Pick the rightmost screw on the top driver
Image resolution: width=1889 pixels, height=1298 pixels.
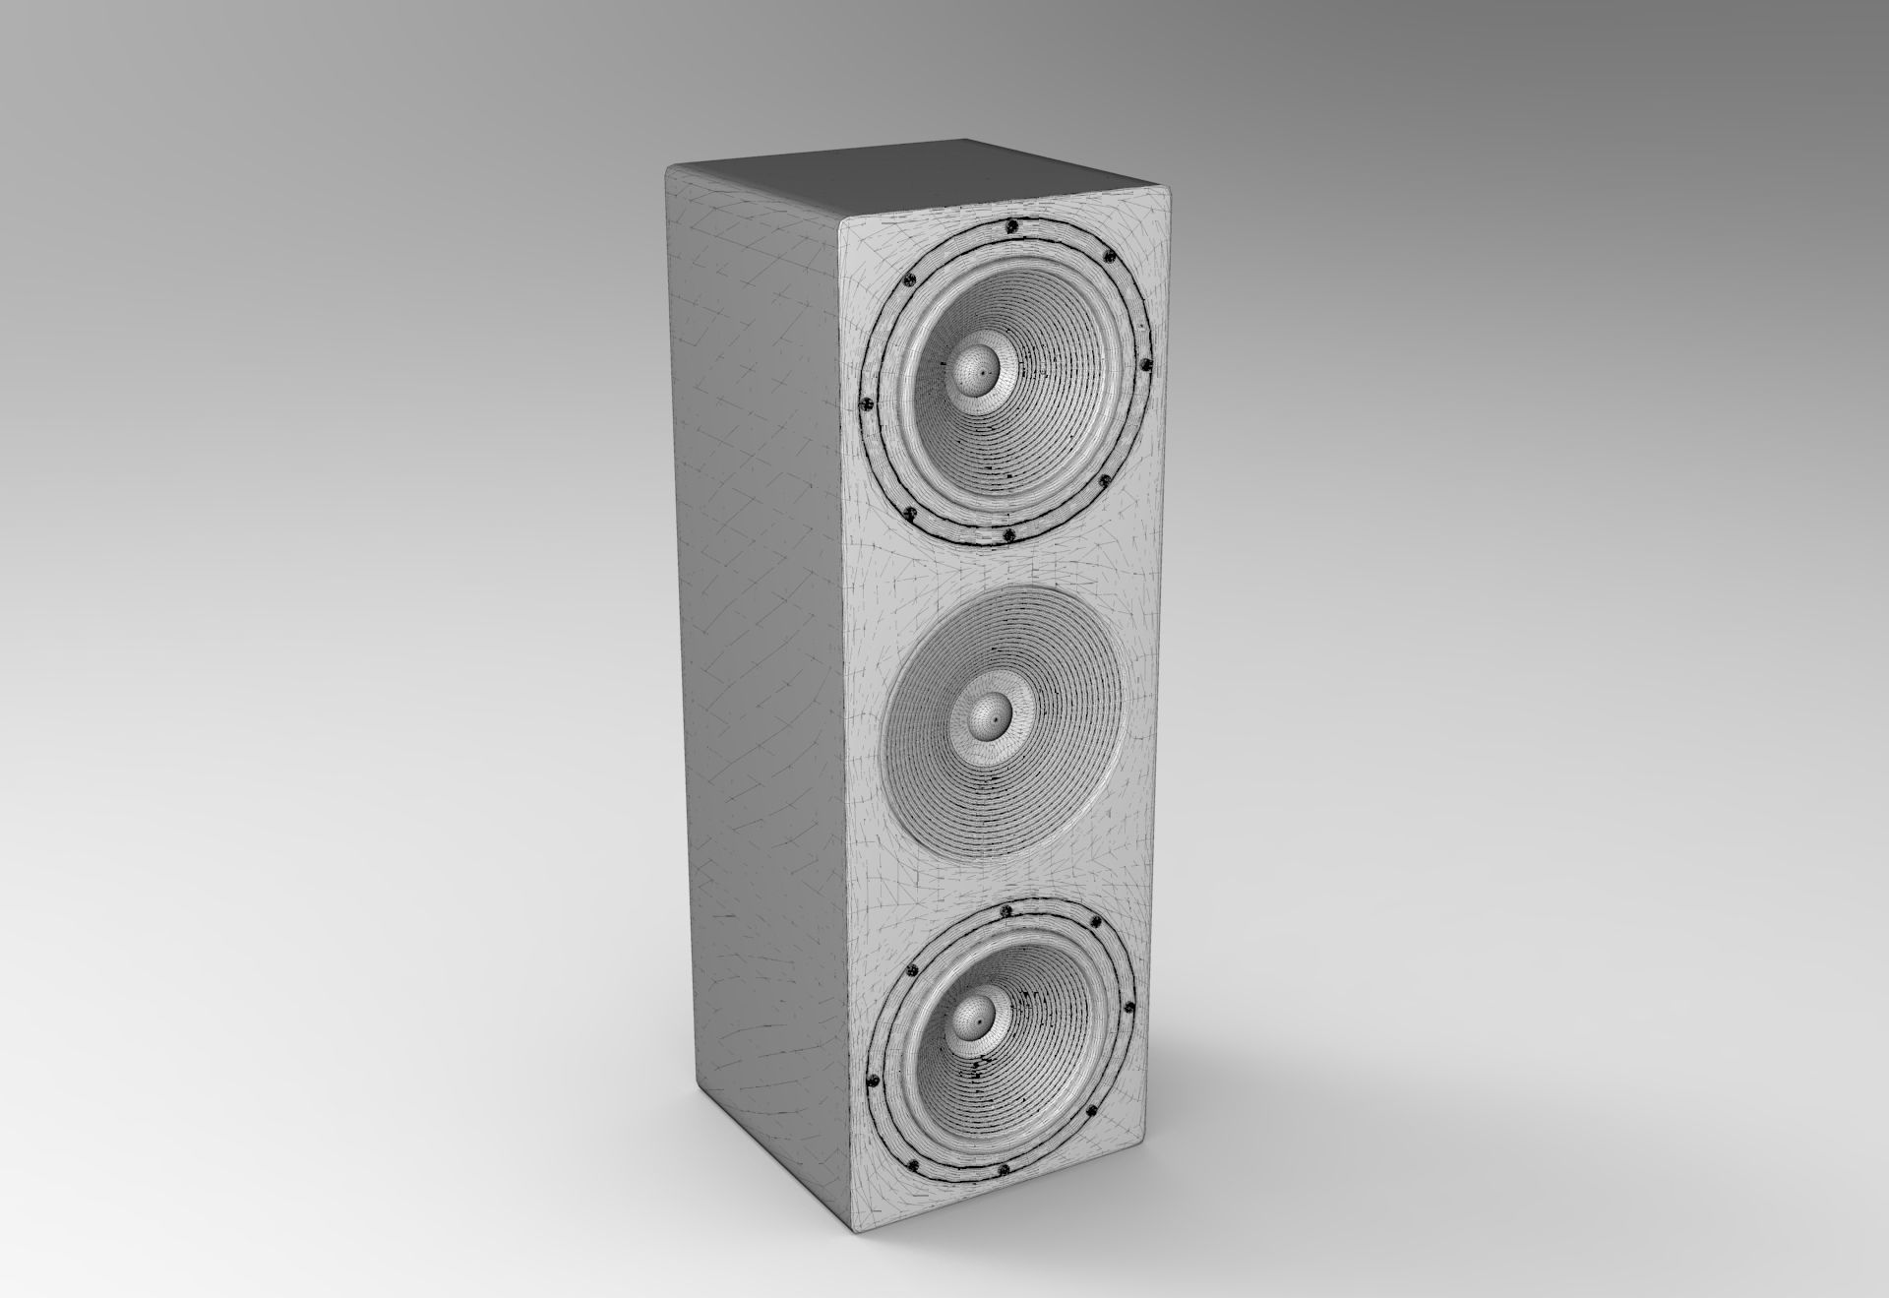(x=1144, y=365)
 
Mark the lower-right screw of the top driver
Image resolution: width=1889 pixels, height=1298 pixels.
(x=1104, y=481)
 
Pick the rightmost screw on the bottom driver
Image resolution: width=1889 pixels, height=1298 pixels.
(x=1128, y=1009)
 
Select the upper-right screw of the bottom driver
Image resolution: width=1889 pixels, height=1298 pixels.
(x=1095, y=922)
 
